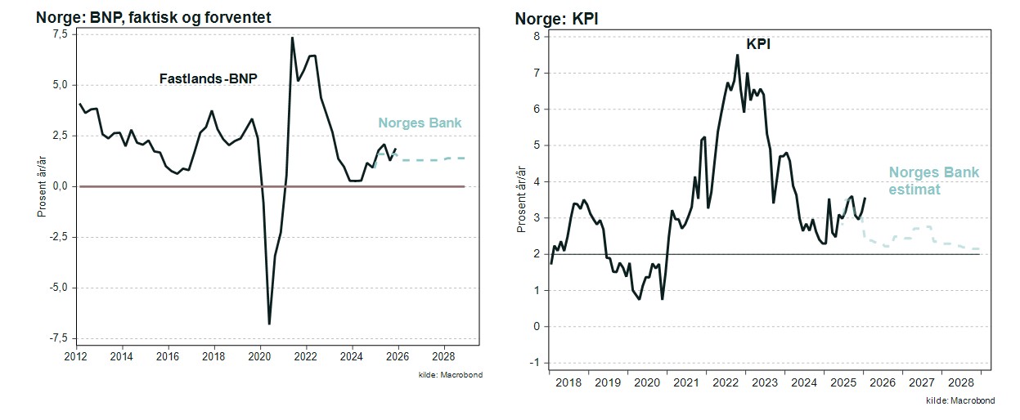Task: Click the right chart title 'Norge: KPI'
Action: (x=556, y=18)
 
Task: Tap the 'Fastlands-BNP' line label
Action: (x=208, y=79)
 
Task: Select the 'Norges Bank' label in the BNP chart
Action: (x=420, y=123)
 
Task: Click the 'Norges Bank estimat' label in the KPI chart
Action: (x=933, y=181)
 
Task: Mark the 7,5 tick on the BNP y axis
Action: (x=61, y=34)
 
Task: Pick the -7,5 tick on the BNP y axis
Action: (x=58, y=338)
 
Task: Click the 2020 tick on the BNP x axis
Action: (x=260, y=357)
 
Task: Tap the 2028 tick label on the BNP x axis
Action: (x=443, y=357)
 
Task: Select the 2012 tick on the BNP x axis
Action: (x=76, y=357)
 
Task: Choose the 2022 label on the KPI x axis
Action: (x=726, y=382)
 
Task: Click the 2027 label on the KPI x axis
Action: (x=921, y=382)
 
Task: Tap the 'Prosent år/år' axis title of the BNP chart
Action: (x=40, y=186)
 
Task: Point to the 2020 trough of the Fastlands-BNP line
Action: (x=269, y=324)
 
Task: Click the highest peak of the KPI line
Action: (x=737, y=55)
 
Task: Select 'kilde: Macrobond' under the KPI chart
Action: (x=960, y=401)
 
